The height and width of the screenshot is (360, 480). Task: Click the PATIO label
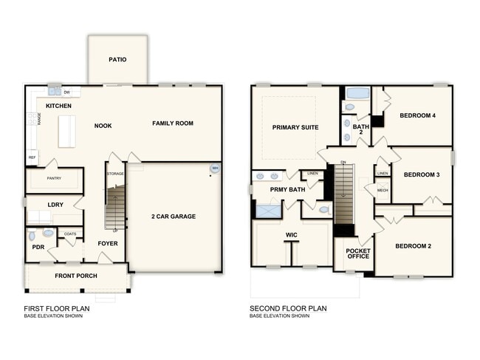pos(117,60)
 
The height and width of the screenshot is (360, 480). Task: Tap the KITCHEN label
pos(58,106)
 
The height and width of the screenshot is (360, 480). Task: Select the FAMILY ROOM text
pos(173,123)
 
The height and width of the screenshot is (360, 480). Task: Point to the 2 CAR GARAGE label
pos(174,217)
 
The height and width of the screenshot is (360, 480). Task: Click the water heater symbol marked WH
pos(215,169)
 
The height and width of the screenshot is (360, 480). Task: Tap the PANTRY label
pos(53,178)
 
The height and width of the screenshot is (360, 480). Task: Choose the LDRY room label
pos(55,204)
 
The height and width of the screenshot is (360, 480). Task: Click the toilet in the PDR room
pos(31,235)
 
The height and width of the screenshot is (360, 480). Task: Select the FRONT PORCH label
pos(76,276)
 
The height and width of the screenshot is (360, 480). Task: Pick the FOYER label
pos(108,243)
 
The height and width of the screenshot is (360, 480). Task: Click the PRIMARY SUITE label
pos(295,128)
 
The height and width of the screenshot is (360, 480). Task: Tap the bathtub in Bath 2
pos(358,94)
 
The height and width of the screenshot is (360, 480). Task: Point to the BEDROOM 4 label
pos(417,115)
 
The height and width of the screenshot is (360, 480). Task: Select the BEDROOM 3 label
pos(422,174)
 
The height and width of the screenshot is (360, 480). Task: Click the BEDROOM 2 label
pos(414,246)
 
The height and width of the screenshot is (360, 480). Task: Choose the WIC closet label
pos(290,236)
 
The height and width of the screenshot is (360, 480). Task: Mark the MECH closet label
pos(383,190)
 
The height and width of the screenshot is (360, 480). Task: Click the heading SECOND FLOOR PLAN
pos(288,308)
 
